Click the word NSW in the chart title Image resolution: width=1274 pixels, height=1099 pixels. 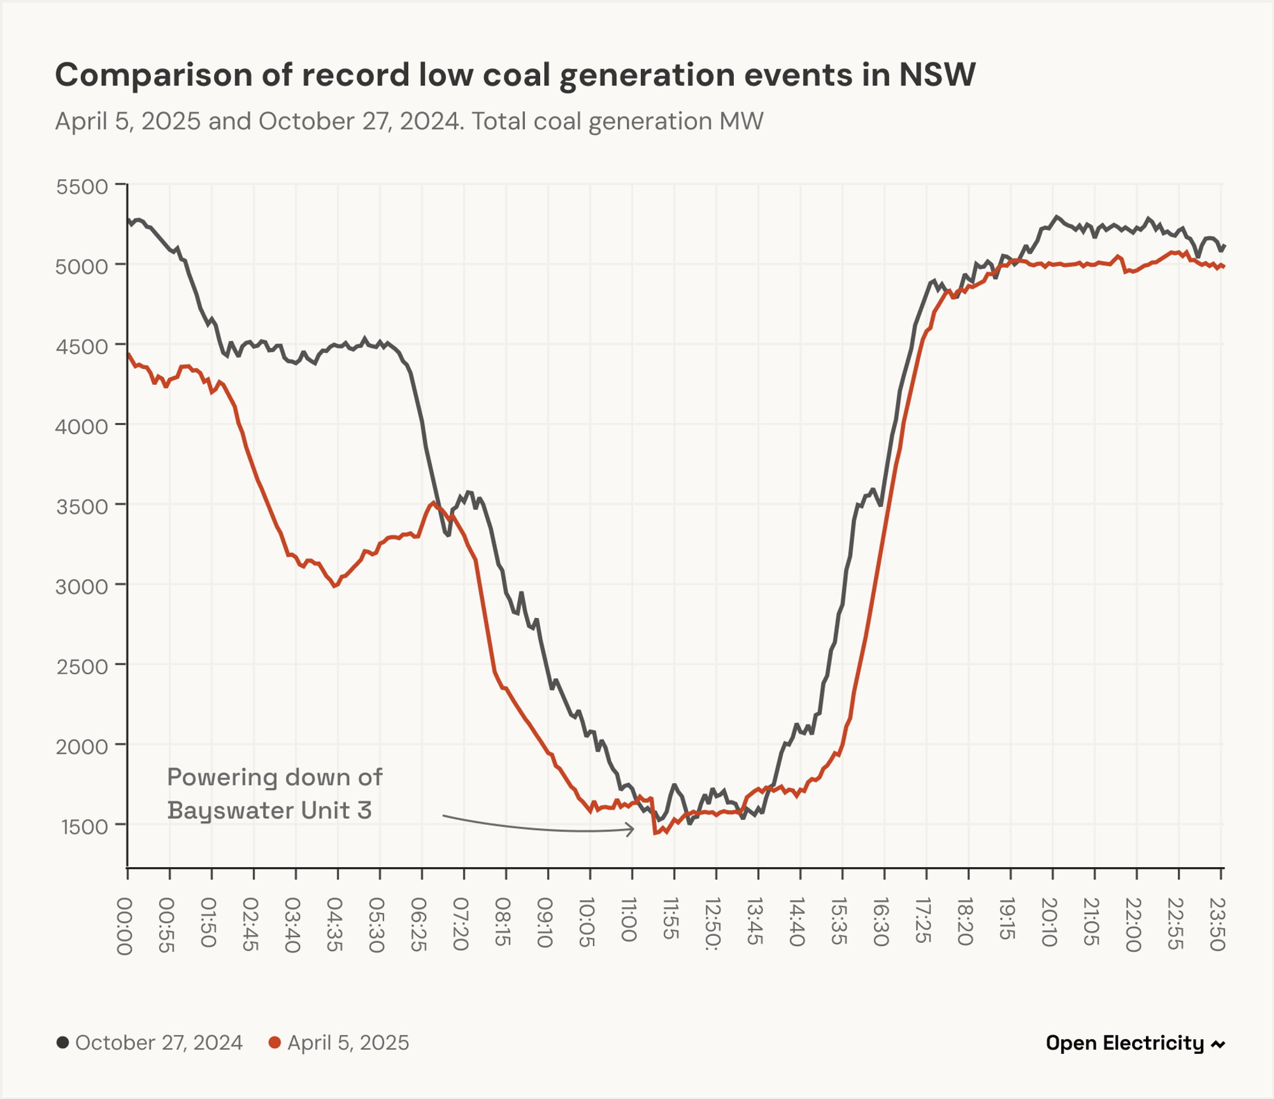click(x=936, y=75)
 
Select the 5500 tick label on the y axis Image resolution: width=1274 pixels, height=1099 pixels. click(x=82, y=187)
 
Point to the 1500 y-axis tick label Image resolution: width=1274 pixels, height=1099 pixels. click(x=85, y=827)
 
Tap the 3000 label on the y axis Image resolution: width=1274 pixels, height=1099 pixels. click(x=82, y=587)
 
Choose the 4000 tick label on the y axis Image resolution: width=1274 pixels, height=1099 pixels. click(x=82, y=426)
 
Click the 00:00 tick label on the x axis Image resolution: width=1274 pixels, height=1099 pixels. click(x=125, y=926)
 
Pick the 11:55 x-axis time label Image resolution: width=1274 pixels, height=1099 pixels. click(x=671, y=919)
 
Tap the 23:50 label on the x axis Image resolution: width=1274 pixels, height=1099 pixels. click(x=1217, y=924)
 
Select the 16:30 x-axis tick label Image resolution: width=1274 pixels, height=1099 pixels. click(x=881, y=922)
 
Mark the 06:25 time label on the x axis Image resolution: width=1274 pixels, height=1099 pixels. click(x=419, y=924)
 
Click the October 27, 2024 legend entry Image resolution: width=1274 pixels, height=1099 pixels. click(x=159, y=1043)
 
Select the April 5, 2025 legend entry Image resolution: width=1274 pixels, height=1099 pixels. click(x=348, y=1043)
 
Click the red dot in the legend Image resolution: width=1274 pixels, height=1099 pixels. click(x=275, y=1043)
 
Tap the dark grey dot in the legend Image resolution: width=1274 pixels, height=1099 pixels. click(x=62, y=1043)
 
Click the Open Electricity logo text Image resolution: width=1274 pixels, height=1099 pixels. click(x=1125, y=1043)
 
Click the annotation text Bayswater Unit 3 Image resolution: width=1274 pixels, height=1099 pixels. click(x=269, y=810)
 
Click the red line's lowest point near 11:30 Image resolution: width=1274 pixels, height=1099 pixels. click(x=655, y=833)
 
